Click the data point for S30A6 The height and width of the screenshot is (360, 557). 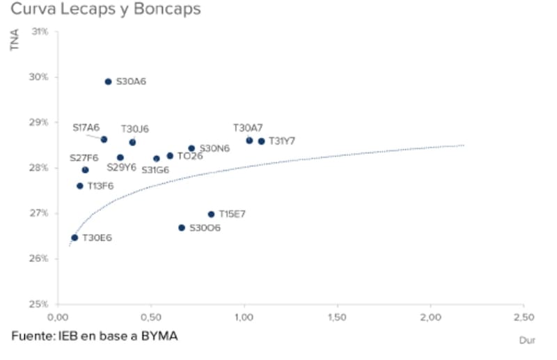click(108, 81)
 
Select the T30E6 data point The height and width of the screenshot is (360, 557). click(74, 237)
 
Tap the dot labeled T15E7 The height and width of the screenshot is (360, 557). click(211, 214)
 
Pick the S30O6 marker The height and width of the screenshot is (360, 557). click(182, 228)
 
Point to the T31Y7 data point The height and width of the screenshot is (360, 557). click(261, 141)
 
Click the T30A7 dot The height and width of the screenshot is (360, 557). click(249, 141)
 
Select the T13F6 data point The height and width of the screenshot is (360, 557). click(80, 186)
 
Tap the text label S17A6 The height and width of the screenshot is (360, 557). click(86, 127)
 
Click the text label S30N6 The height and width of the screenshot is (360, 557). click(214, 148)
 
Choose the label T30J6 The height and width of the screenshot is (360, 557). click(135, 129)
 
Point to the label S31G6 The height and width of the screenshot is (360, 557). click(155, 169)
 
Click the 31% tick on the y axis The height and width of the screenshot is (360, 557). click(40, 32)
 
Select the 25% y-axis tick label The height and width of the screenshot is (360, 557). click(40, 304)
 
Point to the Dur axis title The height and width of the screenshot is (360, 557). click(526, 341)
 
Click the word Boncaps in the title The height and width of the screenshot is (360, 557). click(166, 10)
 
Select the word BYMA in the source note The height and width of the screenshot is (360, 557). click(155, 336)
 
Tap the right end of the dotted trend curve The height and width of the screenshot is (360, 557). click(464, 145)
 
